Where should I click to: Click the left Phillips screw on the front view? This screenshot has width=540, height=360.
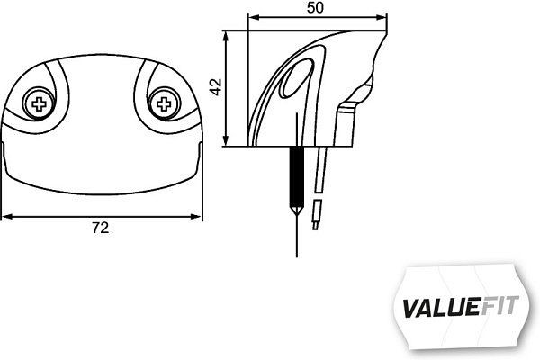click(40, 104)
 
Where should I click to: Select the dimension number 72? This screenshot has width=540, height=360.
click(101, 229)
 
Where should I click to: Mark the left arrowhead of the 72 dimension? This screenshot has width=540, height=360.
click(5, 216)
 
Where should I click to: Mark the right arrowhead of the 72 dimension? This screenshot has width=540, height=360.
click(197, 216)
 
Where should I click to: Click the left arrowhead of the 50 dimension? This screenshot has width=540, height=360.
click(251, 16)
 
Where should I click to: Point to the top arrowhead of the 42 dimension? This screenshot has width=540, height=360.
click(226, 34)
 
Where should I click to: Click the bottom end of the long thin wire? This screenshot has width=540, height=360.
click(293, 255)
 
